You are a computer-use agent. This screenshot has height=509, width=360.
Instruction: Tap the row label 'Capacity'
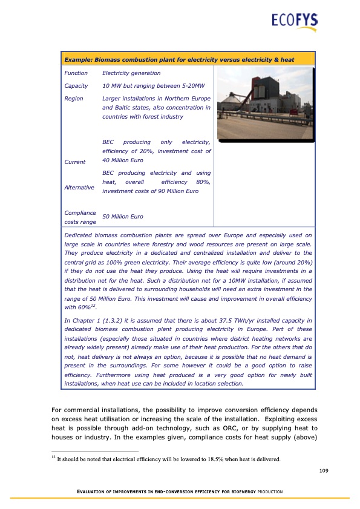76,86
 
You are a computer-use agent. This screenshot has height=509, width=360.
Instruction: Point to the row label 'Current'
75,162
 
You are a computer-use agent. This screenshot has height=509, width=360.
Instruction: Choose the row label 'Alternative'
79,188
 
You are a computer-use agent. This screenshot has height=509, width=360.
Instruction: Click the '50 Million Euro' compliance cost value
123,216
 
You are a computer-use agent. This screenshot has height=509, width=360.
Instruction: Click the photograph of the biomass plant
265,102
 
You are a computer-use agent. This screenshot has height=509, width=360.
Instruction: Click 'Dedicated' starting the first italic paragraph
78,235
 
